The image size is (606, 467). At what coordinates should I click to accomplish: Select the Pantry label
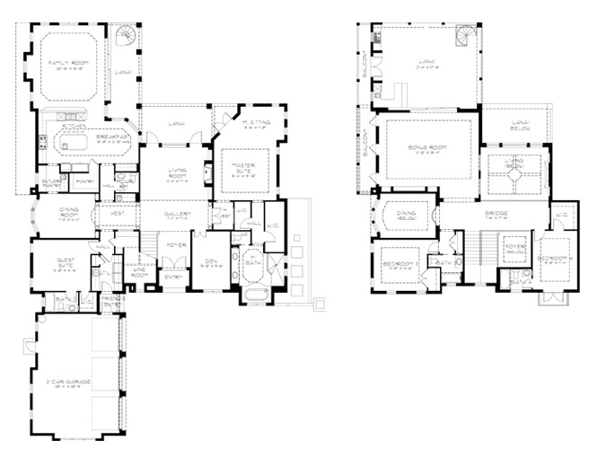pyautogui.click(x=85, y=181)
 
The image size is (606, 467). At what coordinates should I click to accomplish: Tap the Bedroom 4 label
pyautogui.click(x=550, y=261)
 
